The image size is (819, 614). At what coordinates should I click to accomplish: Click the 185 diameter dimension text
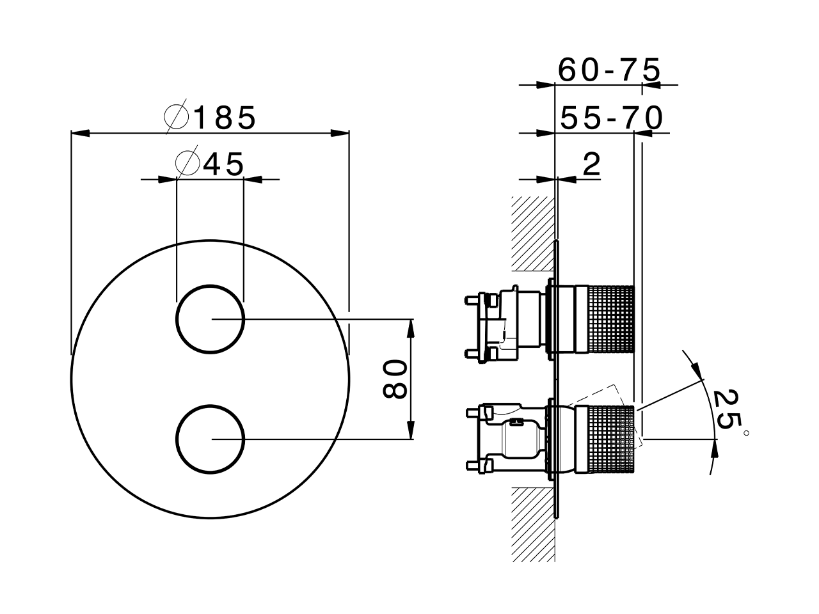[x=225, y=118]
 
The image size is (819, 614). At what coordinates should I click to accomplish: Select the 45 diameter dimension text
[x=223, y=164]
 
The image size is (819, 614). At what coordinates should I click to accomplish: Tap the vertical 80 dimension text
[x=394, y=379]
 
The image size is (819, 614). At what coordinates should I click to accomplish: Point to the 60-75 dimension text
[x=609, y=70]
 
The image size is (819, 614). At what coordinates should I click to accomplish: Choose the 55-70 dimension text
[x=612, y=118]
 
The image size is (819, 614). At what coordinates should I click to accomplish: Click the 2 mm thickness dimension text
[x=592, y=164]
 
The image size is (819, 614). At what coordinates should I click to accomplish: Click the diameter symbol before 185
[x=177, y=116]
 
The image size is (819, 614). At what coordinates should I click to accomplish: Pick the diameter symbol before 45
[x=187, y=163]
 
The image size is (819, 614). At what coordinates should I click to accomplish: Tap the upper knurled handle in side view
[x=605, y=319]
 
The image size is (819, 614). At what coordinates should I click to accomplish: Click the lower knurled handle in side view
[x=605, y=439]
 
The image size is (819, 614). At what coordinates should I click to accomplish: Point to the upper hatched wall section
[x=533, y=233]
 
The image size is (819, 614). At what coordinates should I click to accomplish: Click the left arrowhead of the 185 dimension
[x=80, y=133]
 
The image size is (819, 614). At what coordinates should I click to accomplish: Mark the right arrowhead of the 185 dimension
[x=340, y=133]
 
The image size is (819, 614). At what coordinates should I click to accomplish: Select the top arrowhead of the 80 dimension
[x=410, y=329]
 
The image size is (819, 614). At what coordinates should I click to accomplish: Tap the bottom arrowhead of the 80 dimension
[x=410, y=430]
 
